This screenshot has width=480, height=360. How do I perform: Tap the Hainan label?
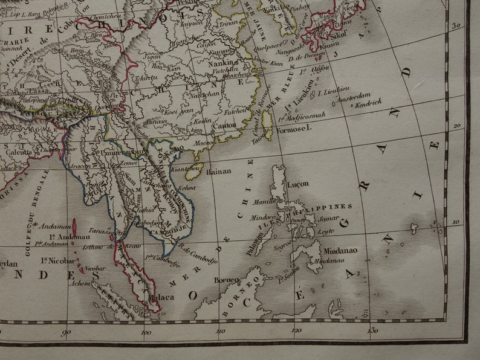point(219,171)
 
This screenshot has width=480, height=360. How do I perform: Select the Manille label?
point(264,201)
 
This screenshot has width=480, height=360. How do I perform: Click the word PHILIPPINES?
point(329,207)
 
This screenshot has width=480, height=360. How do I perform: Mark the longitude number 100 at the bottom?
point(144,331)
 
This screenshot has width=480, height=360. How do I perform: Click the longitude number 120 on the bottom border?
point(296,330)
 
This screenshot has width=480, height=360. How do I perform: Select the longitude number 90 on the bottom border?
point(66,331)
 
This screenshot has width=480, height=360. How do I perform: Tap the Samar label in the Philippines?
point(328,218)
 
